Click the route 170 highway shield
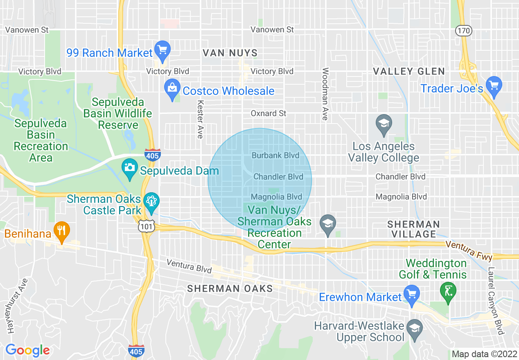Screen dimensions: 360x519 463,30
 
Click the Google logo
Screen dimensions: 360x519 27,350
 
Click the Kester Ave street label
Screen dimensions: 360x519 200,119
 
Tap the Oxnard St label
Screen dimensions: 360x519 269,113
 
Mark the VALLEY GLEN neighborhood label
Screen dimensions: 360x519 409,72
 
